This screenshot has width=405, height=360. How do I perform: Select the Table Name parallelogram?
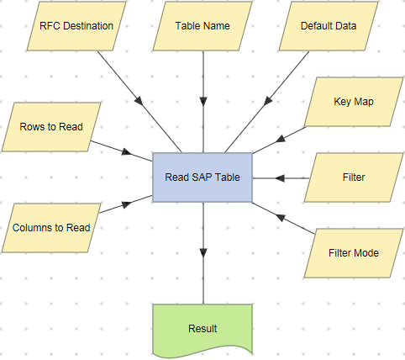point(202,26)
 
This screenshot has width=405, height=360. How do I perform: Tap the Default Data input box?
point(329,26)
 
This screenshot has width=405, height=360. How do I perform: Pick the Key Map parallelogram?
point(352,102)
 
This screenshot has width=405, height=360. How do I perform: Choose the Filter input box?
point(353,178)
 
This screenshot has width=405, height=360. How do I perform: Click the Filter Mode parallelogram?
point(353,252)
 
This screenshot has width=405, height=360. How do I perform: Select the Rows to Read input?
point(51,128)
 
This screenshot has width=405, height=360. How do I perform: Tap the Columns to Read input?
point(51,226)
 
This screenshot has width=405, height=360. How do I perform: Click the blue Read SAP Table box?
point(202,177)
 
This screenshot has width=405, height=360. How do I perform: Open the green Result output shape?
point(202,328)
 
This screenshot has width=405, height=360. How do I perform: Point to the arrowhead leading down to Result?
point(202,253)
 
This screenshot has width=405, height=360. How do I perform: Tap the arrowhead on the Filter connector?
point(280,178)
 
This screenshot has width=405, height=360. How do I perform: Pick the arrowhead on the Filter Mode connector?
point(281,216)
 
